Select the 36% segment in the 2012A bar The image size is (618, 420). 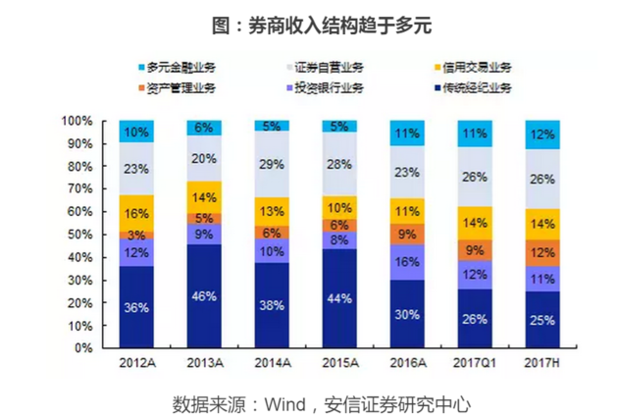pos(135,307)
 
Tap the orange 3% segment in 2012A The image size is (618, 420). pos(135,236)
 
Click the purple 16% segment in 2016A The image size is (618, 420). pos(406,263)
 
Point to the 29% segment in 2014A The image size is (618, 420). pos(271,165)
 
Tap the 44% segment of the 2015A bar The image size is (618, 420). pos(338,298)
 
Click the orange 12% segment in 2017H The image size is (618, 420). pos(542,253)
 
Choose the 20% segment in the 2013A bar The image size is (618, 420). pos(203,158)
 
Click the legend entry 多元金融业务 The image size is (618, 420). pos(180,68)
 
